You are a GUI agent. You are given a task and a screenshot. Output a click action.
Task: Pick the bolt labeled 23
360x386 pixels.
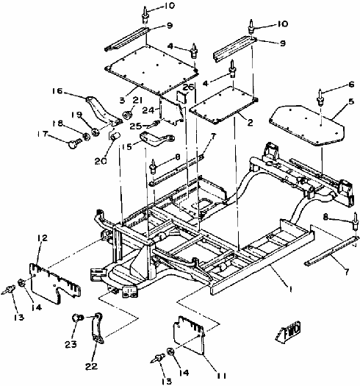pos(76,318)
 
